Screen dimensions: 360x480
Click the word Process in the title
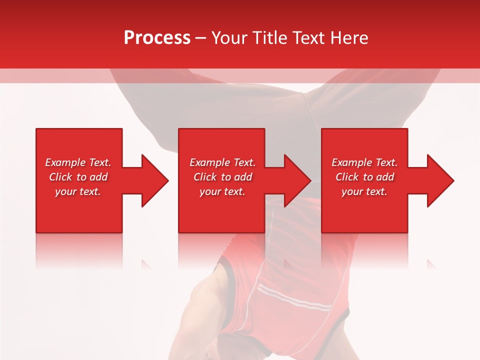(x=157, y=37)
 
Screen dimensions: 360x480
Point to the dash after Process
(x=201, y=38)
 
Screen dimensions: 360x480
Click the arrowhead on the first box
(x=152, y=180)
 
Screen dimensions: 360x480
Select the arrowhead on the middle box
(x=295, y=180)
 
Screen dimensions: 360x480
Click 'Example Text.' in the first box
(x=78, y=162)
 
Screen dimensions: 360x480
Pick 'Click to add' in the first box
(x=78, y=177)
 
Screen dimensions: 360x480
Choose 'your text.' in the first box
(x=78, y=191)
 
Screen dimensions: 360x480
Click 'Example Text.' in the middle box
(x=222, y=162)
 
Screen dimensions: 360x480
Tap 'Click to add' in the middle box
(x=222, y=177)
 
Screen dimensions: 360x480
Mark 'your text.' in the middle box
(x=222, y=191)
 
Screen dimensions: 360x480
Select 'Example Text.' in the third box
(x=364, y=162)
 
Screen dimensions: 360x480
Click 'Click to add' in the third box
(x=364, y=177)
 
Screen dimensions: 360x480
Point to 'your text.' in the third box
(x=364, y=191)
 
